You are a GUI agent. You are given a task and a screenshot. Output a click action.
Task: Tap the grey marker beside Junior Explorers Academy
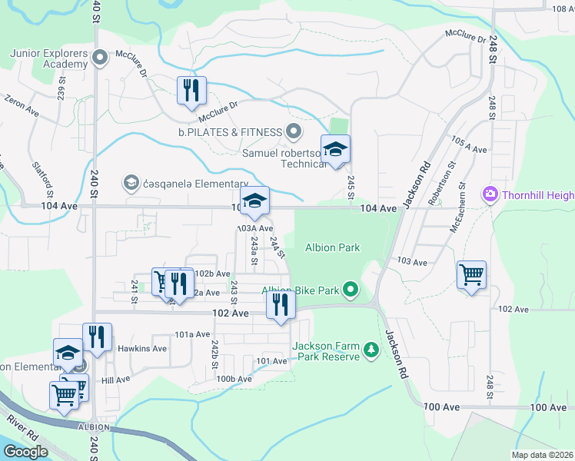(99, 58)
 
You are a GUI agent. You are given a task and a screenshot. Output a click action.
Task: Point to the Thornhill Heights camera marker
(489, 195)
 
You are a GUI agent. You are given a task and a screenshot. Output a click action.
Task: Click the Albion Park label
(333, 247)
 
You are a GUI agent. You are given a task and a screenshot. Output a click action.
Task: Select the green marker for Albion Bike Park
(351, 290)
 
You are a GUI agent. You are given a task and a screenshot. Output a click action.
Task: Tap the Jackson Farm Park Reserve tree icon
(371, 351)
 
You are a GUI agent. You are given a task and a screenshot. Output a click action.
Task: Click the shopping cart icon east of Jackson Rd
(470, 274)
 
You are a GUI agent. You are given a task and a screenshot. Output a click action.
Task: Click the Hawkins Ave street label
(142, 348)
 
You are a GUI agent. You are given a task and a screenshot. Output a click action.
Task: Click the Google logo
(25, 451)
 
